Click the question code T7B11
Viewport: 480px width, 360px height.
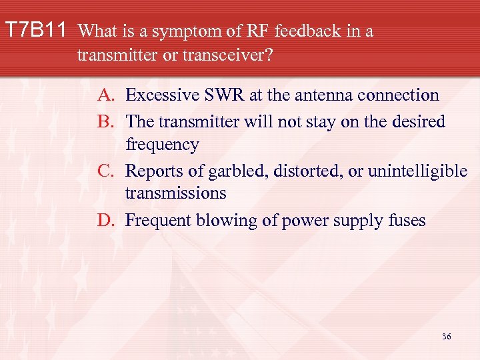point(36,31)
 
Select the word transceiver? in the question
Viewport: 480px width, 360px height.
point(228,55)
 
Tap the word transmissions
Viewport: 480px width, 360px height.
point(175,193)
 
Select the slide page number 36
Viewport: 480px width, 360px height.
point(446,337)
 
